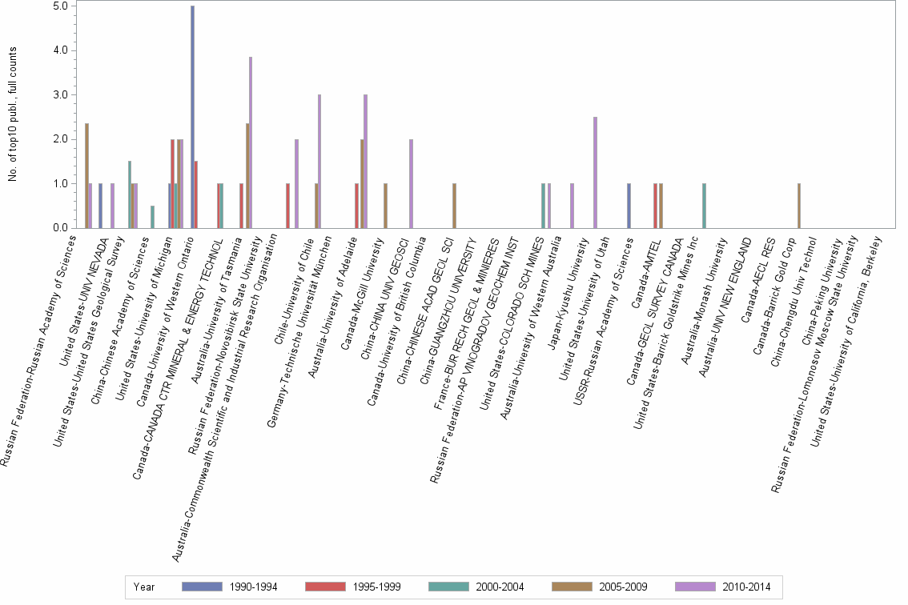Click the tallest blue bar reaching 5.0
(192, 117)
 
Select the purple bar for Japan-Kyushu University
(595, 172)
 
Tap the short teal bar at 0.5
(152, 217)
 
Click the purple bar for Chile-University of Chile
(319, 161)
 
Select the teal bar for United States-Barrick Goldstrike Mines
(704, 206)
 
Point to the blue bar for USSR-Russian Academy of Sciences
(629, 206)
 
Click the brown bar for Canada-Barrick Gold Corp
(798, 206)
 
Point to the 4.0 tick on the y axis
(63, 50)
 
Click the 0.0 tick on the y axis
(63, 228)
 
